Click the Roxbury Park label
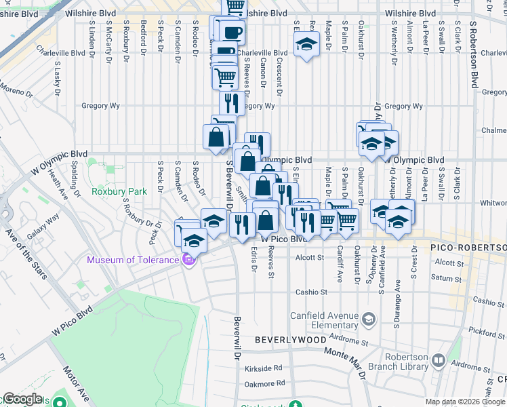(x=119, y=191)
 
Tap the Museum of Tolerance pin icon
(x=189, y=260)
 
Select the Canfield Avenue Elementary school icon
(x=368, y=319)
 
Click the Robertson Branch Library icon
(x=438, y=360)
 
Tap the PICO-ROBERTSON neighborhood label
(x=468, y=248)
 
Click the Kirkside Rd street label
(x=264, y=368)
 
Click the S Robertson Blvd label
(x=474, y=52)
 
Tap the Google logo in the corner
(x=22, y=399)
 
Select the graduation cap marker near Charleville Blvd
(x=306, y=46)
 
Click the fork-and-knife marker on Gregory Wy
(x=231, y=103)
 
